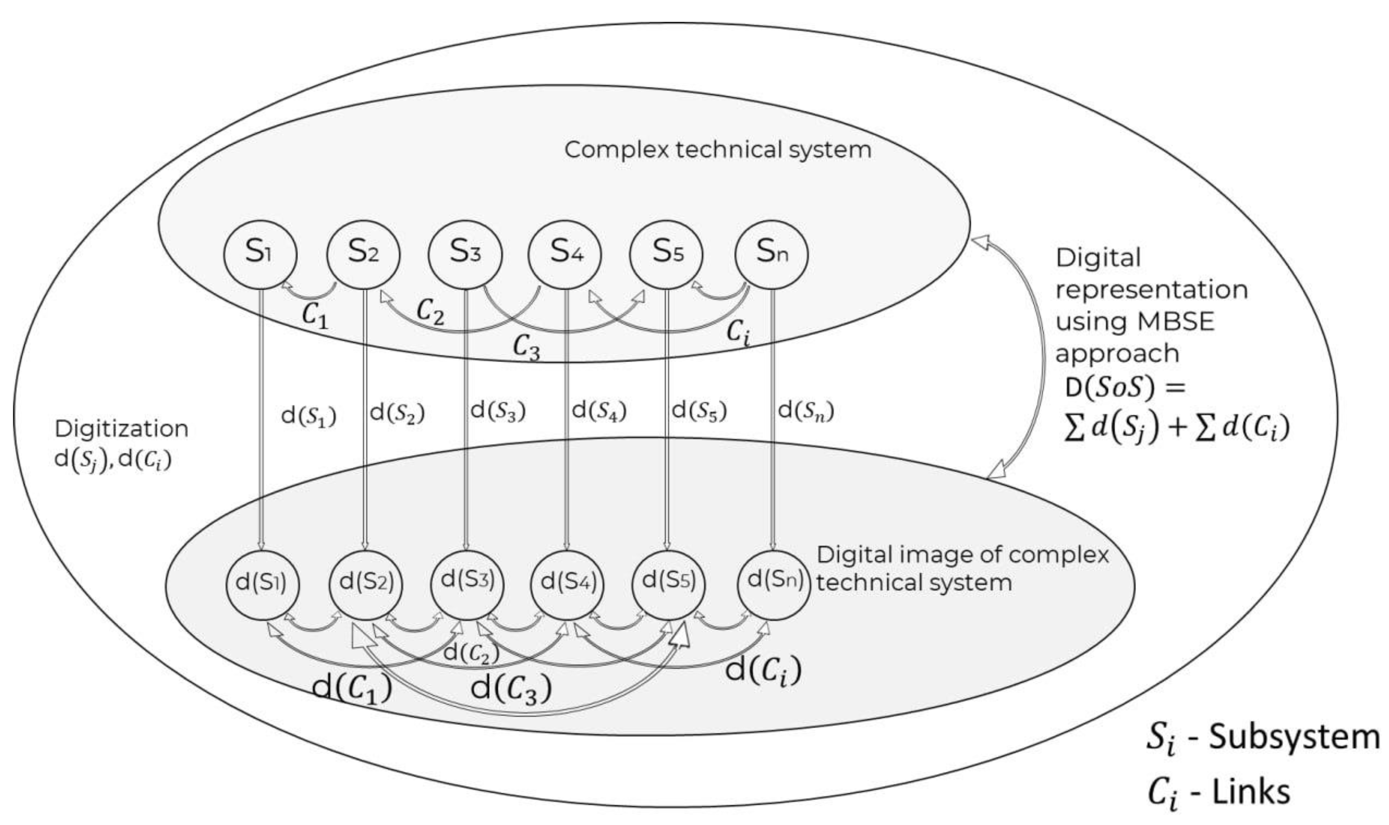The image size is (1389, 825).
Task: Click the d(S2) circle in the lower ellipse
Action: [365, 584]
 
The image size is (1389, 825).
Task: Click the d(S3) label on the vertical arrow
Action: [498, 411]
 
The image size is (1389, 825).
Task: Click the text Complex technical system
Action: [717, 150]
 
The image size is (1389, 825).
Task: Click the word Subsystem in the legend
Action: [1294, 738]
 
